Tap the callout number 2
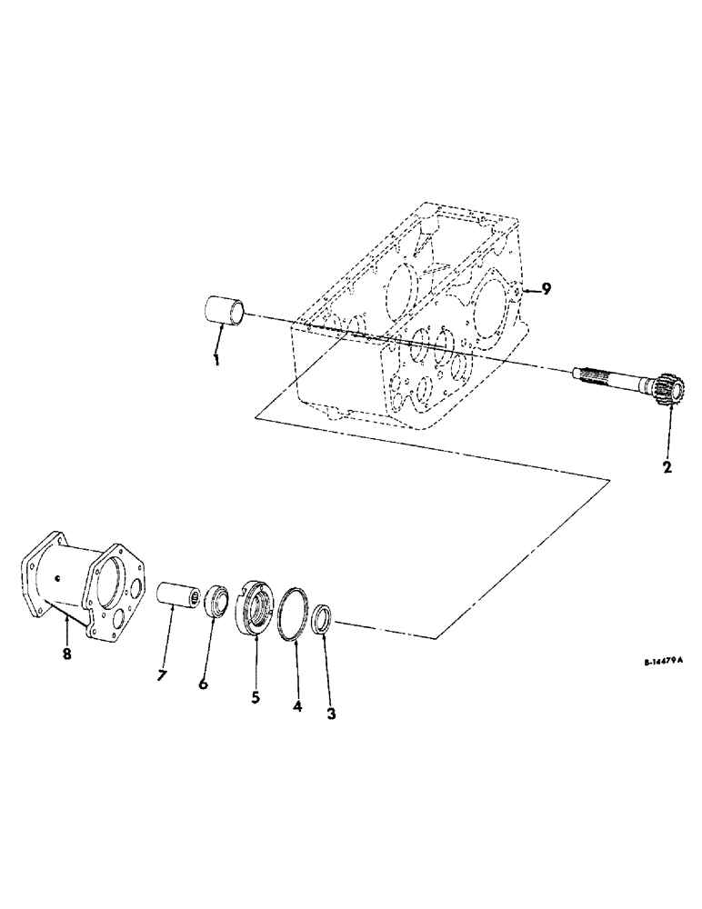667,468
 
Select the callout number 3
331,714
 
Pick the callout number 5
256,697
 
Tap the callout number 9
546,289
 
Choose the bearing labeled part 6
216,602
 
